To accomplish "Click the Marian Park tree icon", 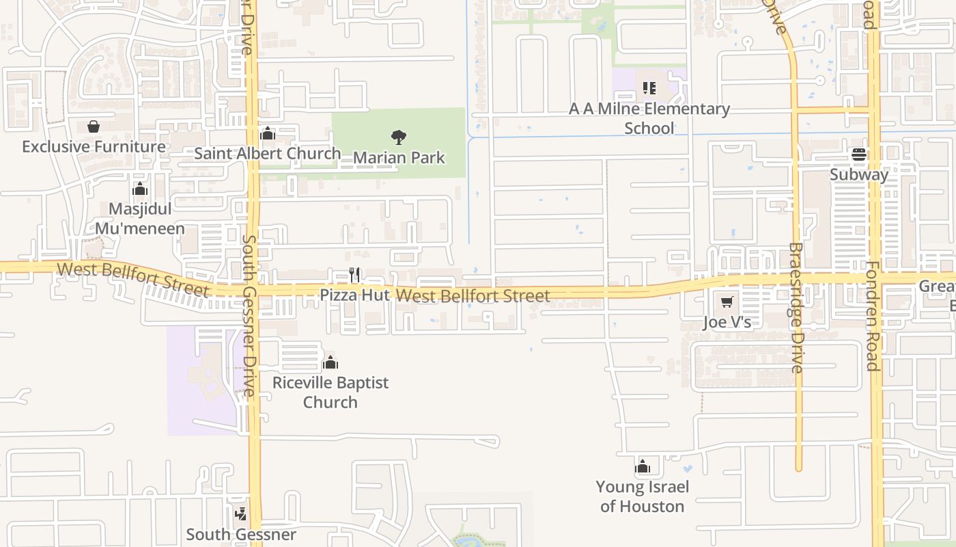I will click(x=399, y=137).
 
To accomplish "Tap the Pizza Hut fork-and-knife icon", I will click(x=354, y=275).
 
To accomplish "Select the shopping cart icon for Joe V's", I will click(x=727, y=302).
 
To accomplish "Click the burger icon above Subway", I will click(x=859, y=155).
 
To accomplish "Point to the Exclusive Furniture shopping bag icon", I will click(x=94, y=126).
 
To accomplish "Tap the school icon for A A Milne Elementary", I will click(x=649, y=88).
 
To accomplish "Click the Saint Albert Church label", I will click(x=267, y=153).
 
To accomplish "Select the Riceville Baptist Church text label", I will click(x=331, y=392).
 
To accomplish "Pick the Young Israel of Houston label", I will click(x=642, y=496).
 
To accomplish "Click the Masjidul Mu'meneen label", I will click(x=140, y=218).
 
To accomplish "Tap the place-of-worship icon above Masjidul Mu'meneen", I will click(x=140, y=189).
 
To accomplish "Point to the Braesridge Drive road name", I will click(x=796, y=308).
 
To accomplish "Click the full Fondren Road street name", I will click(x=872, y=315).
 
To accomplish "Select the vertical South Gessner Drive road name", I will click(x=249, y=316).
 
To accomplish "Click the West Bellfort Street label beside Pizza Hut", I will click(x=473, y=296).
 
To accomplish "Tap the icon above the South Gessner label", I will click(x=240, y=513).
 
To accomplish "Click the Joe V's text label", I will click(x=727, y=322).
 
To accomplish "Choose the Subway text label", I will click(x=859, y=174).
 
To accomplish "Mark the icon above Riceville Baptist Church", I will click(x=331, y=362).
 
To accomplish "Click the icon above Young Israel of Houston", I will click(x=642, y=467).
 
